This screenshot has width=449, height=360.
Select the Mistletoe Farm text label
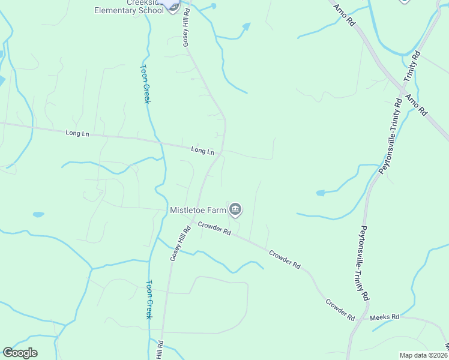point(197,210)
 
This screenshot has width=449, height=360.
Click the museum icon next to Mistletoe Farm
point(235,209)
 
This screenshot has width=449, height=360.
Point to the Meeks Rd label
point(384,317)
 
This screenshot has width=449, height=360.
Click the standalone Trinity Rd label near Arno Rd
point(412,67)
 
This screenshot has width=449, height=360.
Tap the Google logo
point(20,353)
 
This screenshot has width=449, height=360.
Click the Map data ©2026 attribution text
point(423,355)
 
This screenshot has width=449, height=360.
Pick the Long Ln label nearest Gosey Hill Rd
point(202,151)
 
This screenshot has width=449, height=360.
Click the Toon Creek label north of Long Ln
point(145,83)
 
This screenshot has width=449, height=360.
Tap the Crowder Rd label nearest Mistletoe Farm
point(215,229)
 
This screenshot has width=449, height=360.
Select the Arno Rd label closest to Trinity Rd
point(415,104)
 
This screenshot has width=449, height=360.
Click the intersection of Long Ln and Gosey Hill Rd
point(221,152)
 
